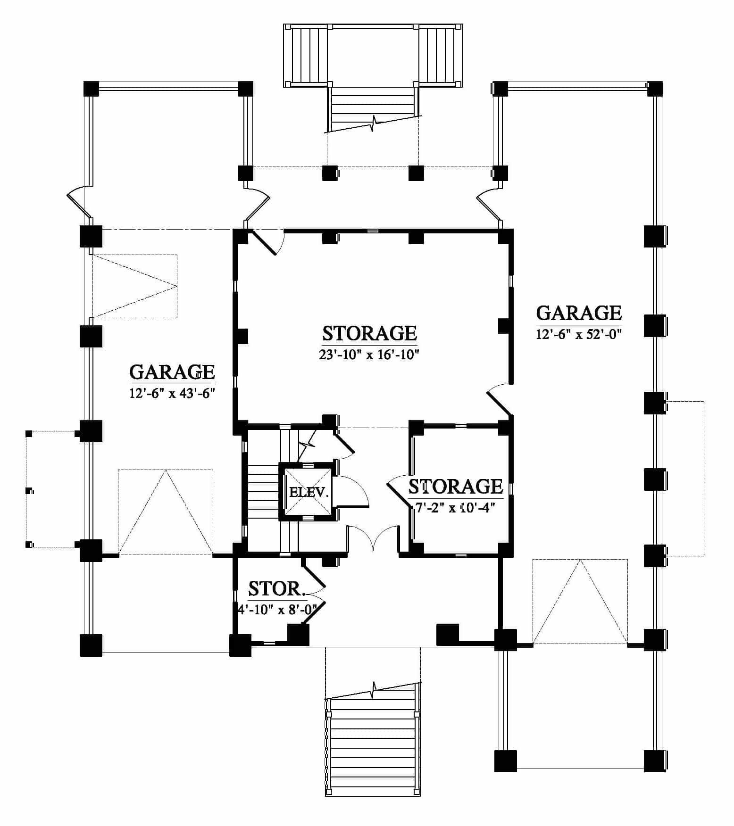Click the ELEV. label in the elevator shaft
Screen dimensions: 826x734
(x=309, y=493)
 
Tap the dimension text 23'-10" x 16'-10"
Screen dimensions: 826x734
(x=369, y=355)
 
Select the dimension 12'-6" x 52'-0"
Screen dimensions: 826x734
(x=579, y=334)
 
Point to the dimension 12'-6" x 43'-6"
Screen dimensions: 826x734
(x=172, y=393)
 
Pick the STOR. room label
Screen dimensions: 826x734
(x=277, y=589)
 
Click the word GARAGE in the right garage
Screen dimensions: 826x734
(x=579, y=314)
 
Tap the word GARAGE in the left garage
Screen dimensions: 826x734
(x=172, y=372)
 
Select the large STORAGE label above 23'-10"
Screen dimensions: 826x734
(x=369, y=333)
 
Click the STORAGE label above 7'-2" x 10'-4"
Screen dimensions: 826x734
(x=456, y=487)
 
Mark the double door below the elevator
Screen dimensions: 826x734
(x=373, y=537)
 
